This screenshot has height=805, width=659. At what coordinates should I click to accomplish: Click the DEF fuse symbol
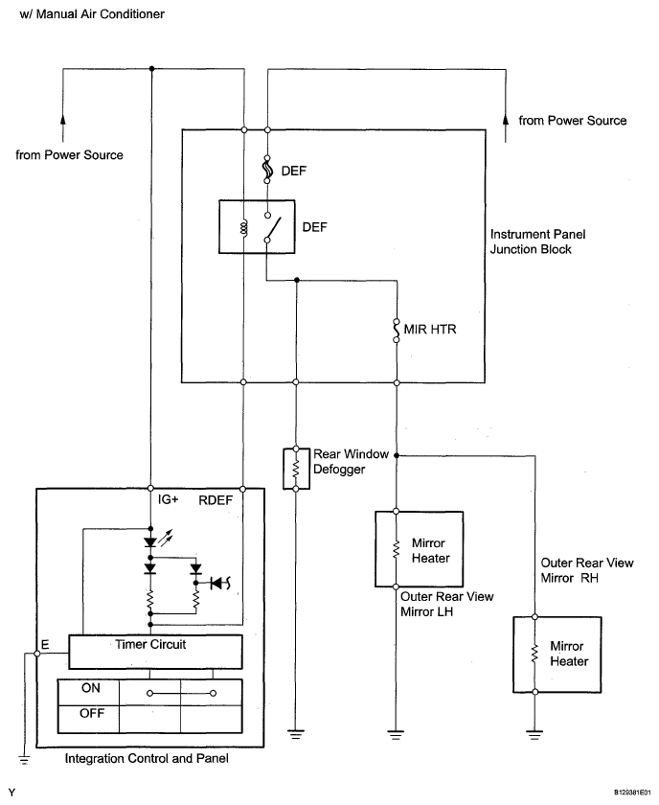(267, 171)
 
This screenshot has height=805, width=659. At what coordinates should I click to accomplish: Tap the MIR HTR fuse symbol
(395, 331)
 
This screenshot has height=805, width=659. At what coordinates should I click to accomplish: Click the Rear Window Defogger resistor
(295, 468)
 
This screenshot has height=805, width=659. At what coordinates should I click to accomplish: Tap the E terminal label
(46, 643)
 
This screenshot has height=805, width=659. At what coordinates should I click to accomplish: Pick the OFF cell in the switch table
(90, 714)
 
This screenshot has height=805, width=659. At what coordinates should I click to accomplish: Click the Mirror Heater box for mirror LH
(420, 548)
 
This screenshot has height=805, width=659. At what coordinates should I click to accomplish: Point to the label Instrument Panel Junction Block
(537, 241)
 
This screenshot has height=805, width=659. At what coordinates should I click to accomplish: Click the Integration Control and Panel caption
(147, 759)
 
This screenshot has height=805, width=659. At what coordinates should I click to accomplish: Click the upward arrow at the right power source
(504, 120)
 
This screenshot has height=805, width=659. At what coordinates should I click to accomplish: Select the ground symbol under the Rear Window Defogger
(295, 733)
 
